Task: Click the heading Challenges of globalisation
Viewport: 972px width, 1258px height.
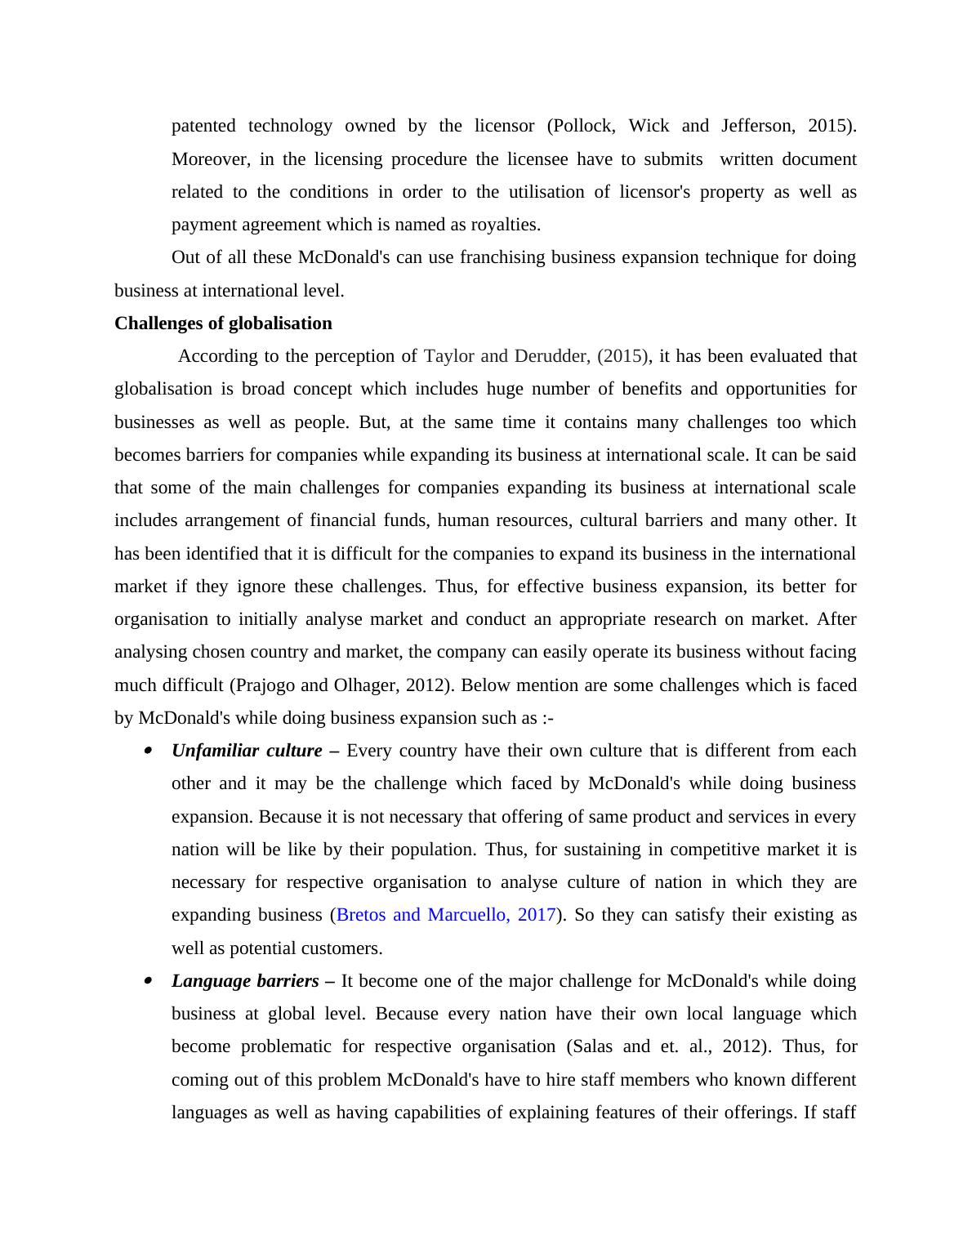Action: point(223,323)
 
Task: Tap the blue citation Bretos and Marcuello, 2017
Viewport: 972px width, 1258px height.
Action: point(446,915)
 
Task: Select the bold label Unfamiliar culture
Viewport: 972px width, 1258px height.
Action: point(247,751)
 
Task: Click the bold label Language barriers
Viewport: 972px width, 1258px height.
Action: point(245,981)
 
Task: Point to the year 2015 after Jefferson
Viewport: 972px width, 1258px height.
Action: point(829,126)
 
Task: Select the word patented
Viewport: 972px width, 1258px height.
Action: point(203,126)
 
